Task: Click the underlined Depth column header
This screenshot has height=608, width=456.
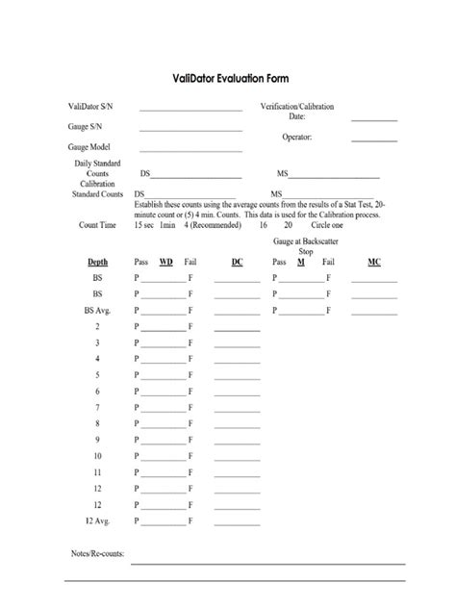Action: point(97,262)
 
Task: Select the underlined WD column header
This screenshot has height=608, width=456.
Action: point(165,262)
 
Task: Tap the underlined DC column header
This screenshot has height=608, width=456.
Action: point(237,262)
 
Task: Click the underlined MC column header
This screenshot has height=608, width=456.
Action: point(374,262)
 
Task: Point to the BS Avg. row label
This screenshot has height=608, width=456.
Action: point(97,311)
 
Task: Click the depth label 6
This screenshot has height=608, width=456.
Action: point(97,393)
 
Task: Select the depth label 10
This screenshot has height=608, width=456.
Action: point(97,457)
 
